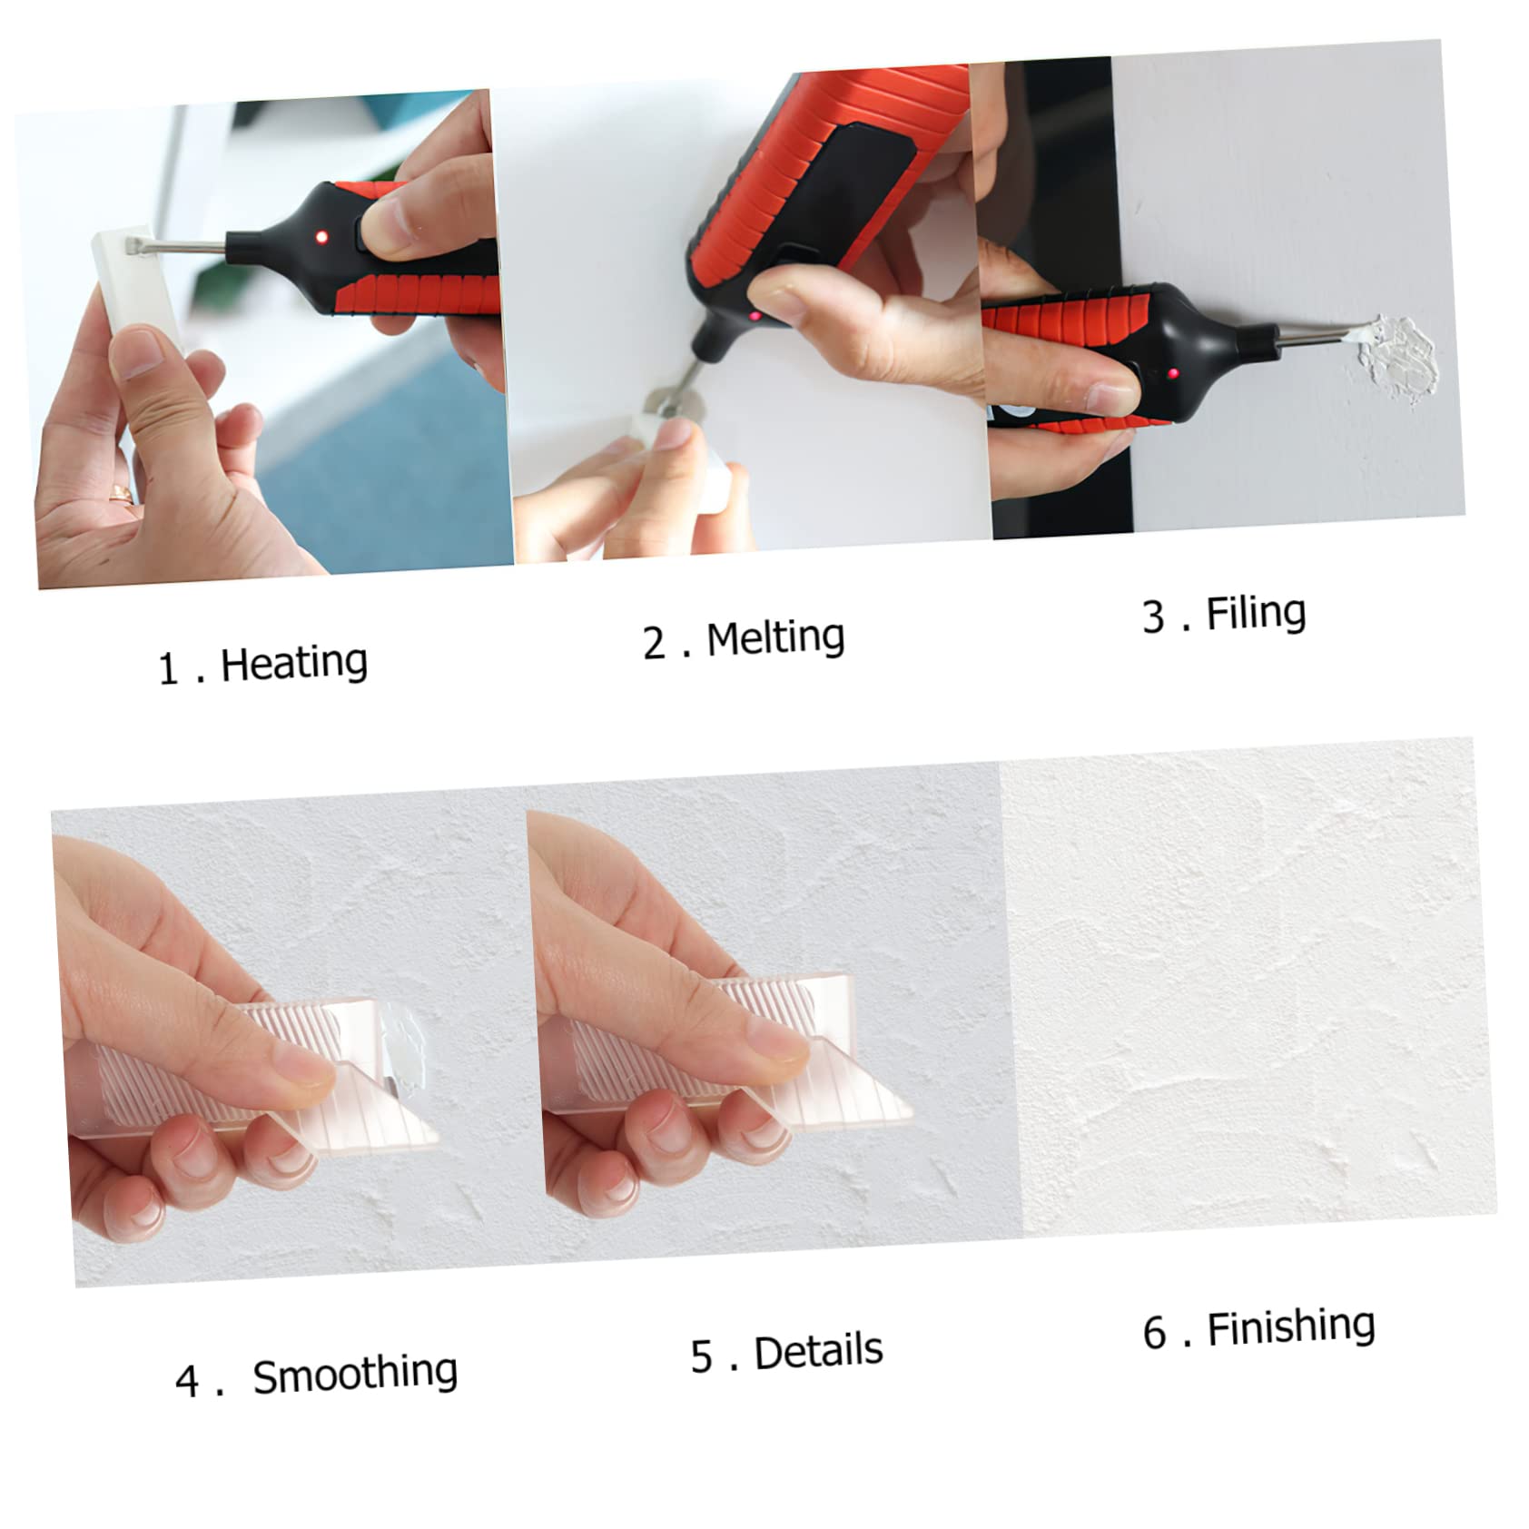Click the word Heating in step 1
pos(293,663)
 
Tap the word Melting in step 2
pos(775,638)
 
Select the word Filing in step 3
pos(1256,614)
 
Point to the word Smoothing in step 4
pos(355,1374)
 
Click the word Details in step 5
pos(818,1351)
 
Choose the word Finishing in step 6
pos(1291,1328)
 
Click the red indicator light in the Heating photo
pos(321,237)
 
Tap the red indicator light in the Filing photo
pos(1173,373)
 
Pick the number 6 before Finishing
pos(1154,1334)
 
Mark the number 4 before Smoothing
pos(186,1381)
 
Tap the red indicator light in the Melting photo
pos(755,316)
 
